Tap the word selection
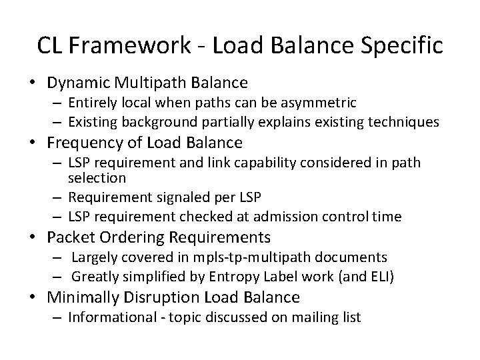tap(97, 178)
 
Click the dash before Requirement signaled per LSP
tap(58, 198)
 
